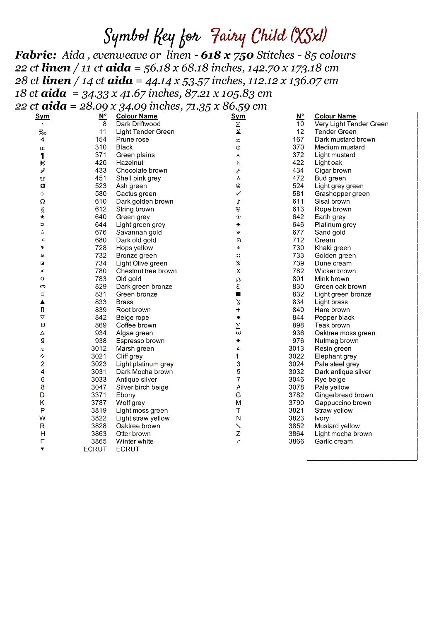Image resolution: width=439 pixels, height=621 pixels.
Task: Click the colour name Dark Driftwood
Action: (x=138, y=124)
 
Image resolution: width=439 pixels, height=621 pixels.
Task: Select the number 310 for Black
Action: (x=101, y=147)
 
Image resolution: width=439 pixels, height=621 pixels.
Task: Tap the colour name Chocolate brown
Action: (x=142, y=170)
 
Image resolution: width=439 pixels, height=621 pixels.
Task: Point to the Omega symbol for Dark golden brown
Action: (x=42, y=202)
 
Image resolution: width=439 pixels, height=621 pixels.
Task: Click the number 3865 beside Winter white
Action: (x=99, y=441)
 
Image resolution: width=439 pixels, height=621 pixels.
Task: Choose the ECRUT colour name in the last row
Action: (x=128, y=449)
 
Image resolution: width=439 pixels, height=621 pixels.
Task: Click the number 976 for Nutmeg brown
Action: (x=298, y=341)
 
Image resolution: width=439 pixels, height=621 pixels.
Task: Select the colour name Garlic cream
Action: (x=334, y=441)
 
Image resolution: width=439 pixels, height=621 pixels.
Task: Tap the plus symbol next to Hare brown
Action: (x=238, y=310)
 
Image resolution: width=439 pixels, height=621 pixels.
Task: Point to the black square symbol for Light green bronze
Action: (x=238, y=294)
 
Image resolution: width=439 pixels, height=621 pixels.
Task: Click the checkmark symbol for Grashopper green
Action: (x=238, y=194)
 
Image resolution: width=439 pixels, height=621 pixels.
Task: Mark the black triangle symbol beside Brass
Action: (x=42, y=302)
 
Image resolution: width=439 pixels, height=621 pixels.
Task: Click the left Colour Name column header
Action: (x=137, y=116)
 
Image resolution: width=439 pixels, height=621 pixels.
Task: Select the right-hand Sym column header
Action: (x=238, y=116)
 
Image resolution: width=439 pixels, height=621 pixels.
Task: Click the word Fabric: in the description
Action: (x=36, y=55)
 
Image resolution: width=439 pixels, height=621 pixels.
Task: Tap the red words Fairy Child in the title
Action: (x=248, y=36)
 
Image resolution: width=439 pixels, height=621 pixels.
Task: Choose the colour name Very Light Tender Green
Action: (x=352, y=124)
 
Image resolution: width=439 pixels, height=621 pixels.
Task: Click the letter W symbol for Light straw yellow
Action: (x=42, y=418)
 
